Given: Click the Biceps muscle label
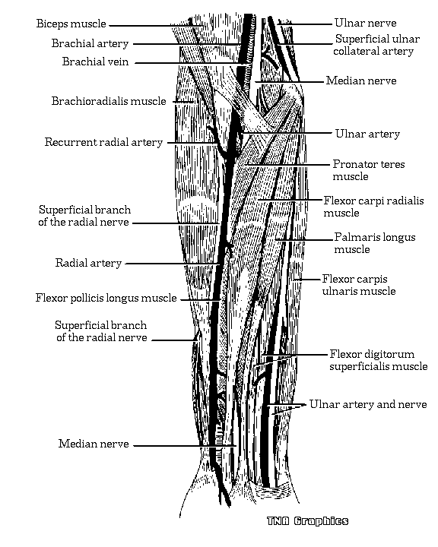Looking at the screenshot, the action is pos(71,24).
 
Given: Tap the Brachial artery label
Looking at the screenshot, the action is pos(90,43).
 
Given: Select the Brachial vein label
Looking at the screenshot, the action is pos(95,62).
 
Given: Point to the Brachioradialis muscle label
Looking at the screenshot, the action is pos(109,101).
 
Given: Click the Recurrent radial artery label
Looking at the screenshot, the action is pos(103,142).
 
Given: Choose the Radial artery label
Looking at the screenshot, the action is pos(88,263).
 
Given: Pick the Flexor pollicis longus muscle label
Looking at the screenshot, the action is pos(106,298).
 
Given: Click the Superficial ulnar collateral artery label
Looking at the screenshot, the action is pos(376,45).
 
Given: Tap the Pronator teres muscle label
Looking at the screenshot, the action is pos(369,170).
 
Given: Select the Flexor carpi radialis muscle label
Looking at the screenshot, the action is pos(373,207).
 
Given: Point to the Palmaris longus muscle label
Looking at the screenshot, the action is pos(374,243).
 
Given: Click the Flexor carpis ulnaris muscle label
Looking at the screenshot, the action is pos(359,285).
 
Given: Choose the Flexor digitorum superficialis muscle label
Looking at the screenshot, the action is pos(379,360).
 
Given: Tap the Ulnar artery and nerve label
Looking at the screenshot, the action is pos(368,404).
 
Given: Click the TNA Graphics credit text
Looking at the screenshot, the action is pos(308,521).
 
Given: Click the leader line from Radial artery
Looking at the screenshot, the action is pos(172,264).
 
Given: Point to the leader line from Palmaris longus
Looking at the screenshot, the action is pos(304,239).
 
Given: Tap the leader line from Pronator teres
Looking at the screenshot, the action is pos(287,164).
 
